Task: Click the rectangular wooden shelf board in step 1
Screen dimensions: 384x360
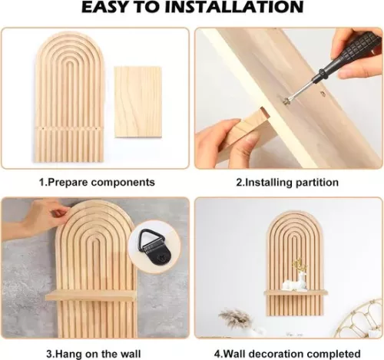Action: [x=137, y=102]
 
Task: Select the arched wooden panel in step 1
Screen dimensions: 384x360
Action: [x=69, y=97]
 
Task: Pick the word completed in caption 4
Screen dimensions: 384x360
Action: [x=333, y=354]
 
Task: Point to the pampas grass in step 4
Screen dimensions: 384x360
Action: [x=234, y=319]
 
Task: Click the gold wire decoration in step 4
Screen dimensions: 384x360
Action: [x=359, y=319]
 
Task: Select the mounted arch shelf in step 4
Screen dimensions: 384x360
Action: [x=296, y=263]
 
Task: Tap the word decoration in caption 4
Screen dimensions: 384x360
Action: [x=274, y=354]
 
